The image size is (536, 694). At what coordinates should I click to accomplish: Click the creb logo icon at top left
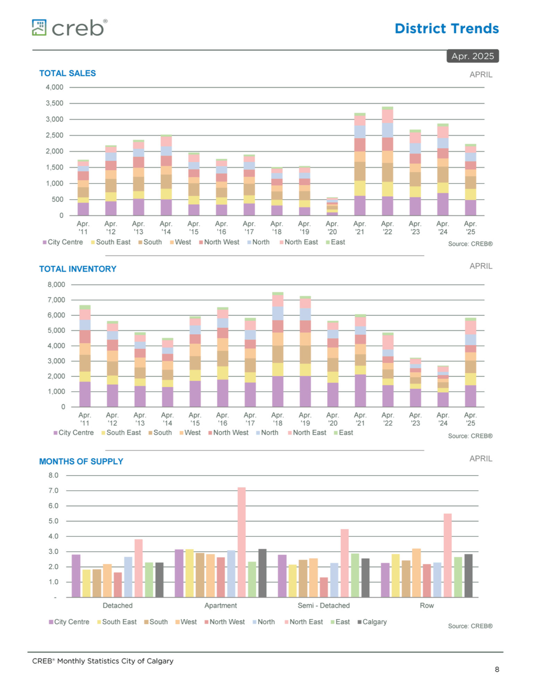coord(39,27)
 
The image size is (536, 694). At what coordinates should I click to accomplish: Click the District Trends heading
coord(446,28)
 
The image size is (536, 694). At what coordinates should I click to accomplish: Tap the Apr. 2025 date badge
coord(473,56)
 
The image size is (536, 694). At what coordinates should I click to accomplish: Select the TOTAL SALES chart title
coord(67,73)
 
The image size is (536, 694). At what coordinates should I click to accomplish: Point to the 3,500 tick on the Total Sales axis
coord(54,103)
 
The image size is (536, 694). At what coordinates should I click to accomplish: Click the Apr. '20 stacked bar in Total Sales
coord(332,206)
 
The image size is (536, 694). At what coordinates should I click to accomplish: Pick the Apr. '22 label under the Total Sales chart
coord(387,228)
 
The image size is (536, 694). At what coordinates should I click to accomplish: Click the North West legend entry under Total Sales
coord(219,242)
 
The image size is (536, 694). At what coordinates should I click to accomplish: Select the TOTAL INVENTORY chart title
coord(78,269)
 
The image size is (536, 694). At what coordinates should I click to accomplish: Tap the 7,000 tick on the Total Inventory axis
coord(56,300)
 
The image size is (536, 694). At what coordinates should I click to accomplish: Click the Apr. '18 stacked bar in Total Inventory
coord(278,349)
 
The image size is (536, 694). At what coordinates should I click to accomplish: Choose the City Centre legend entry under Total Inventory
coord(74,433)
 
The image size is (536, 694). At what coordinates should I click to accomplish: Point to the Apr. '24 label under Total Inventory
coord(443,419)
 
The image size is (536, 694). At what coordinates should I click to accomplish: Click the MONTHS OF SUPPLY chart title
coord(81,462)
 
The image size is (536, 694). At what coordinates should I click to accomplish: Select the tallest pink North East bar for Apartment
coord(241,542)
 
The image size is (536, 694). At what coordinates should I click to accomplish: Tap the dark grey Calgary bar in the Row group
coord(468,576)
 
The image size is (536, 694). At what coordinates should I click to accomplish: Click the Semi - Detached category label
coord(324,606)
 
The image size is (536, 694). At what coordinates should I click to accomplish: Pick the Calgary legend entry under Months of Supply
coord(372,622)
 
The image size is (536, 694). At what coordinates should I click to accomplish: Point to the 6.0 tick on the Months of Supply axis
coord(53,506)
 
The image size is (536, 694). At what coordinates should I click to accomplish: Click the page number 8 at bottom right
coord(497,669)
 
